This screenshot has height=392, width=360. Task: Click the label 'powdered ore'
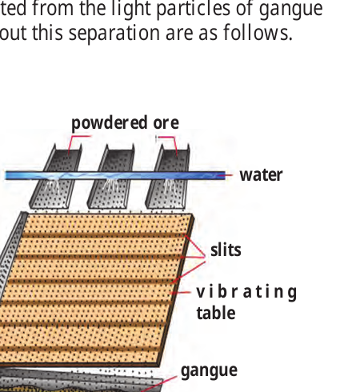pyautogui.click(x=125, y=123)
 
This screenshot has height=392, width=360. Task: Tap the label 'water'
pyautogui.click(x=261, y=175)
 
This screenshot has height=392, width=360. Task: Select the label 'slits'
pyautogui.click(x=226, y=250)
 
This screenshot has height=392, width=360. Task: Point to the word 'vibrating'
pyautogui.click(x=246, y=293)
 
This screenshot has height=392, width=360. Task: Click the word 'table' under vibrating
pyautogui.click(x=216, y=313)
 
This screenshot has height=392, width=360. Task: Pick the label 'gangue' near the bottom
pyautogui.click(x=209, y=370)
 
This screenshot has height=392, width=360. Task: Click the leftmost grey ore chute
pyautogui.click(x=55, y=176)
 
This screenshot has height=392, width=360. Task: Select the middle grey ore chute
pyautogui.click(x=111, y=176)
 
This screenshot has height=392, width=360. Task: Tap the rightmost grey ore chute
pyautogui.click(x=168, y=176)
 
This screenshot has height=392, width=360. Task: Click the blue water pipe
pyautogui.click(x=115, y=175)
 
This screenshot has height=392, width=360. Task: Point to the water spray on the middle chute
pyautogui.click(x=111, y=187)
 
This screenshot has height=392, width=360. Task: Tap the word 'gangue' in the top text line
pyautogui.click(x=291, y=10)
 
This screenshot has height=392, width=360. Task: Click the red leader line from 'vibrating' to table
pyautogui.click(x=181, y=293)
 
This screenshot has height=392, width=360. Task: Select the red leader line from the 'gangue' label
pyautogui.click(x=158, y=384)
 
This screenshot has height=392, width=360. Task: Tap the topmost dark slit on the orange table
pyautogui.click(x=102, y=235)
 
